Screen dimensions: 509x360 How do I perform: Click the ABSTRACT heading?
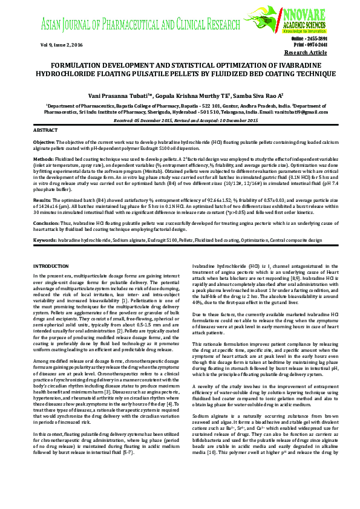(45, 131)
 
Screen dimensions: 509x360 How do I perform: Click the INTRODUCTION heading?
(51, 266)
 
